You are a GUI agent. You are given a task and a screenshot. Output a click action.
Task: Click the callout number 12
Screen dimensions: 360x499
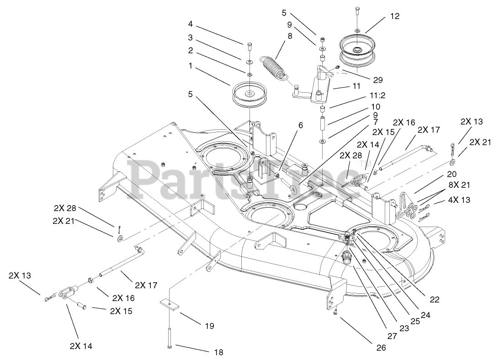point(394,16)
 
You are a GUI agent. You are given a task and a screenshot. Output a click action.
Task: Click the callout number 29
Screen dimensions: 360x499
point(390,80)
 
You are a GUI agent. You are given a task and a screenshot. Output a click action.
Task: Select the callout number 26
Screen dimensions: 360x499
point(381,348)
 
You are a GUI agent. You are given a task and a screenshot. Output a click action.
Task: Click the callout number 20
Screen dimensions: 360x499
point(452,174)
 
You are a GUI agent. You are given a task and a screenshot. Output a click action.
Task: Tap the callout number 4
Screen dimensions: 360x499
point(190,23)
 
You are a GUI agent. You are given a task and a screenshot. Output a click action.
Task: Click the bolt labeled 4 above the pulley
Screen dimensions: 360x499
point(249,47)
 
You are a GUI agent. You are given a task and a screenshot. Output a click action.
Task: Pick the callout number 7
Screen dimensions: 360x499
point(375,122)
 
